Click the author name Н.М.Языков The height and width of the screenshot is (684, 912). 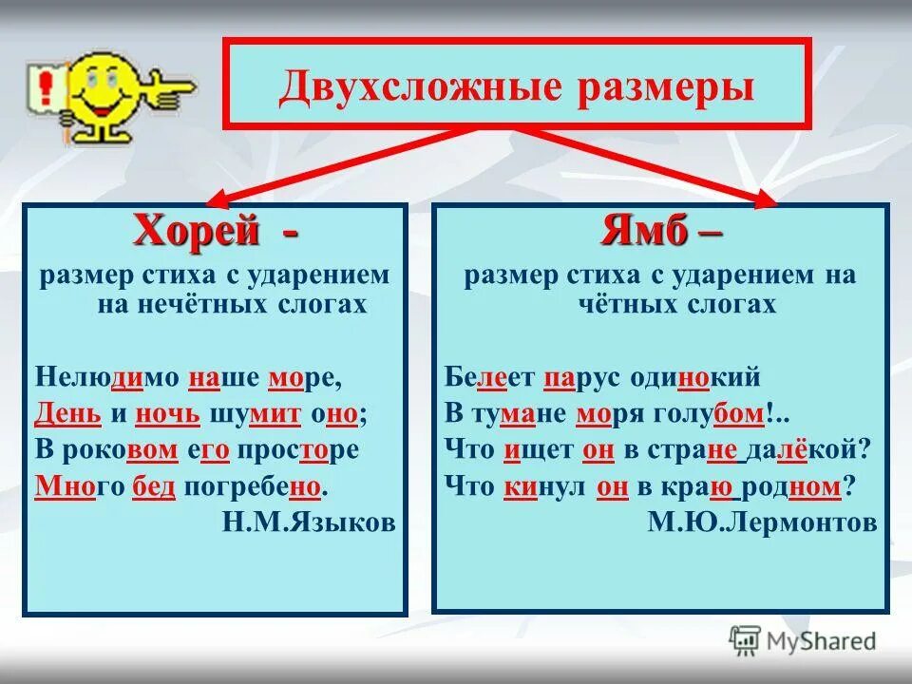pyautogui.click(x=309, y=522)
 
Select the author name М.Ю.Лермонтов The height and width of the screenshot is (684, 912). pyautogui.click(x=762, y=522)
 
